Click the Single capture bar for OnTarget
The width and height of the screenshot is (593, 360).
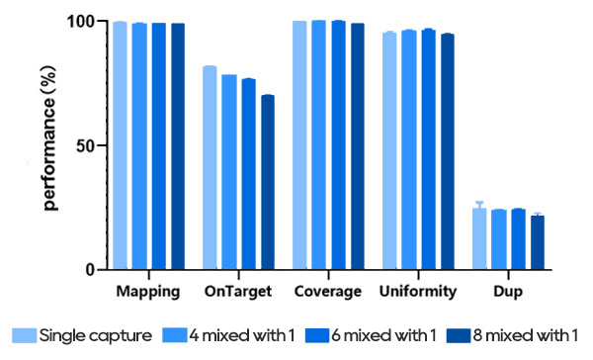[210, 168]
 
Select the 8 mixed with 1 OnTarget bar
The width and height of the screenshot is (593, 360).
[267, 182]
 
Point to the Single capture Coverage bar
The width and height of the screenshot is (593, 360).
[299, 144]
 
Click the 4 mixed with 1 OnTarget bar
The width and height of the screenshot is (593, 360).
[228, 172]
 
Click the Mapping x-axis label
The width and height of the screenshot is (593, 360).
[147, 292]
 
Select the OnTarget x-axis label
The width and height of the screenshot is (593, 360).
[237, 292]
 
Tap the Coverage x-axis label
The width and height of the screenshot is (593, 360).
[327, 292]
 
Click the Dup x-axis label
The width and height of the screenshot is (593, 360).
[508, 292]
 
